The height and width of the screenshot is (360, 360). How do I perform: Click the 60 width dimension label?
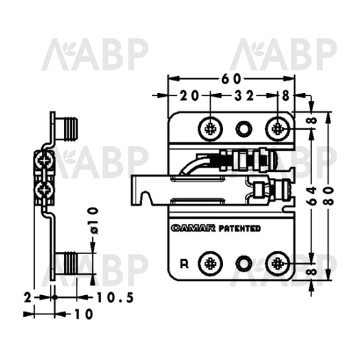231,79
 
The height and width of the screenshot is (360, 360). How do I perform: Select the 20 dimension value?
189,96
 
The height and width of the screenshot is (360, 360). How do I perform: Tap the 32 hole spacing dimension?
244,96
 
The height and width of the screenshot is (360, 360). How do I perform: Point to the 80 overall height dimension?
329,196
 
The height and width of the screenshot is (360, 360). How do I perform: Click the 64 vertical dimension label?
312,196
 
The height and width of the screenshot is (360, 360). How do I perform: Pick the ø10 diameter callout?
94,221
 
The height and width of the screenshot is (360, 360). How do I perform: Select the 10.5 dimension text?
115,298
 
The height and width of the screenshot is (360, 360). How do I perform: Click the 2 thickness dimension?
27,298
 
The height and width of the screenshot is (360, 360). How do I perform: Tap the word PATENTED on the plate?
239,228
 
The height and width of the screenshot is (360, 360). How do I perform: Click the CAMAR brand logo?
193,228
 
